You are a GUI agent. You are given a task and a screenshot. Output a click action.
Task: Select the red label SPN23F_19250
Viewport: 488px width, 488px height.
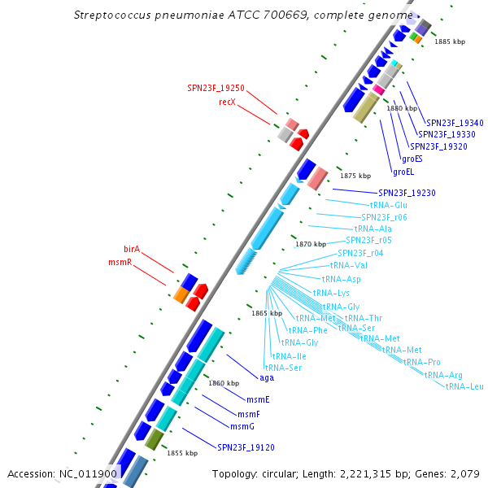coord(216,88)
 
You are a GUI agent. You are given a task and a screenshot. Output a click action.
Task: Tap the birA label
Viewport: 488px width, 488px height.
coord(132,248)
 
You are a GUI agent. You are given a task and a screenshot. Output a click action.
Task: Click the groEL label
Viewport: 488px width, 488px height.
coord(404,172)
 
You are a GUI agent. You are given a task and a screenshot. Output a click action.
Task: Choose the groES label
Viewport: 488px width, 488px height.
coord(412,159)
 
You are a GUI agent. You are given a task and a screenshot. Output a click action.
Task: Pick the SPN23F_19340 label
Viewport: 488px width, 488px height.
coord(455,123)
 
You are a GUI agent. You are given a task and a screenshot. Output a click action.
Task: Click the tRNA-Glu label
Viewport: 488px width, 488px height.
coord(389,205)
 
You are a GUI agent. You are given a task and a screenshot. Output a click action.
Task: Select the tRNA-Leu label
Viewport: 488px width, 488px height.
coord(464,386)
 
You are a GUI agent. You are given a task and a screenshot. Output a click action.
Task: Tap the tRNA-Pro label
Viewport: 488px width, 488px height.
coord(422,362)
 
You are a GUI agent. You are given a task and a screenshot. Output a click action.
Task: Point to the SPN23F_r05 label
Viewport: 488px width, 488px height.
coord(368,240)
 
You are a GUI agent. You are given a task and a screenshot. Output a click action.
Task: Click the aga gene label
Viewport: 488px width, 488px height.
coord(267,377)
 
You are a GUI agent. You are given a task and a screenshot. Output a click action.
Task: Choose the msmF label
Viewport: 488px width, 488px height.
coord(249,414)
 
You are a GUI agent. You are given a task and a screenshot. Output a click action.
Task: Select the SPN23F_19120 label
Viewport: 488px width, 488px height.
coord(246,447)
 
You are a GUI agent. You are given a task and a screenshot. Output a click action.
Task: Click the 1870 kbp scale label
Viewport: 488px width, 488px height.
coord(310,244)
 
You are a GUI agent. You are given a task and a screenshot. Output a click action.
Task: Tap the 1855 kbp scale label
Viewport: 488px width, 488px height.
coord(182,453)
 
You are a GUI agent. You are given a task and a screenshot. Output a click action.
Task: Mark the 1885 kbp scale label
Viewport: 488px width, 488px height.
coord(450,41)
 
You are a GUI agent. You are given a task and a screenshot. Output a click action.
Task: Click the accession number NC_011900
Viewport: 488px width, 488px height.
coord(89,473)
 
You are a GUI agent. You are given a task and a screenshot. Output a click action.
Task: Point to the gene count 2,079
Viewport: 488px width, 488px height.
coord(464,473)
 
